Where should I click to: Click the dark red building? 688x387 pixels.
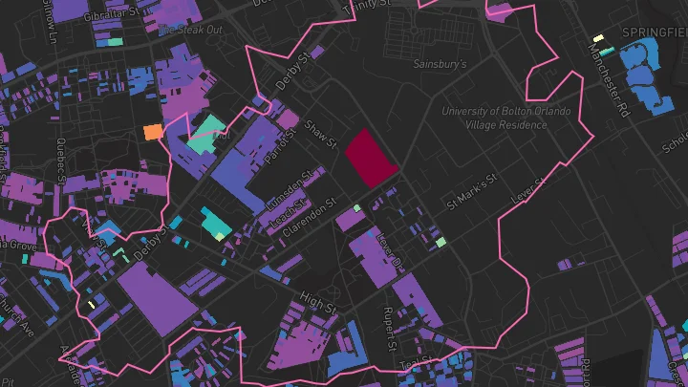point(370,158)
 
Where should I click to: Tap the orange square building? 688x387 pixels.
point(152,132)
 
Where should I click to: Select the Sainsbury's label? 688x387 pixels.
point(439,65)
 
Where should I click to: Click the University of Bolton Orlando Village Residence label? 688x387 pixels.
point(506,118)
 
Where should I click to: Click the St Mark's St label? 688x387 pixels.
point(474,191)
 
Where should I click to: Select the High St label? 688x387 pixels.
point(318,303)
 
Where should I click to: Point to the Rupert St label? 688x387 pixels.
point(389,328)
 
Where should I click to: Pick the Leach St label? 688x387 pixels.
point(284,211)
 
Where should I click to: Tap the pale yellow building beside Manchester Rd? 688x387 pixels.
point(599,38)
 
